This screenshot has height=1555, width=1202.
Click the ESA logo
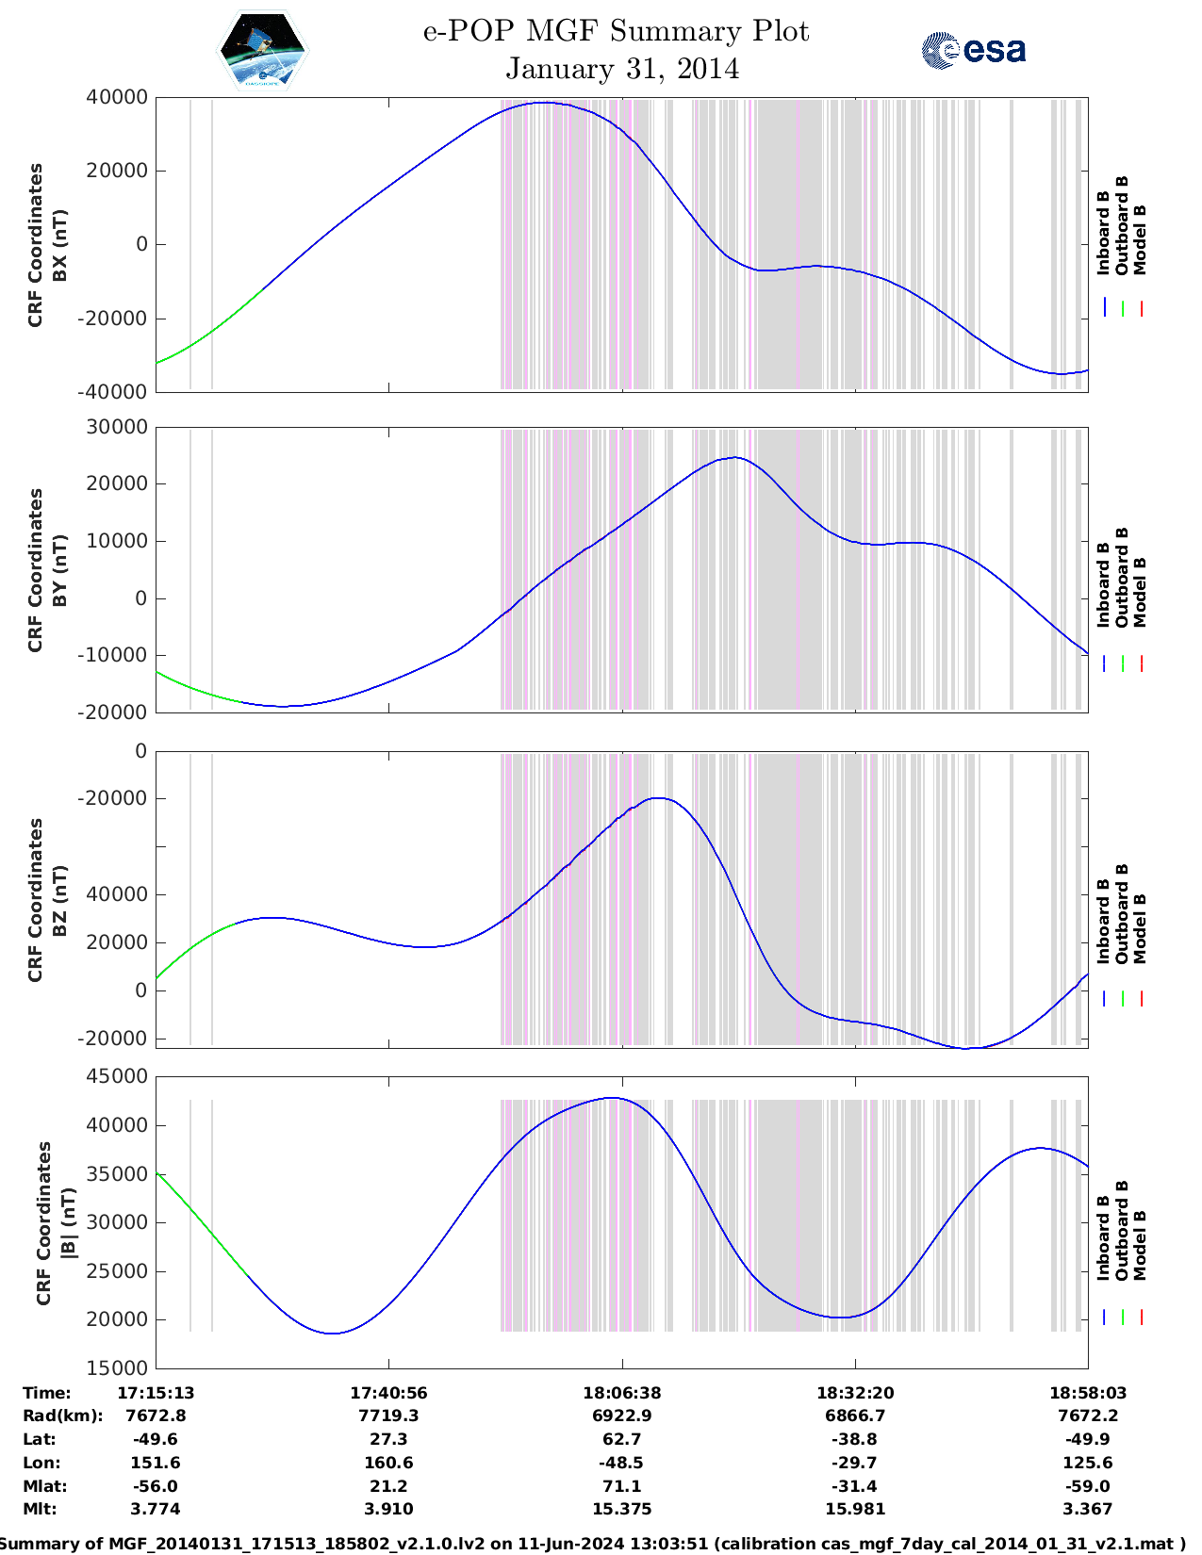[x=973, y=50]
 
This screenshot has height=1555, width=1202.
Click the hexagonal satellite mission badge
[x=263, y=50]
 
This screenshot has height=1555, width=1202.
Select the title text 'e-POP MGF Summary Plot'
[x=616, y=31]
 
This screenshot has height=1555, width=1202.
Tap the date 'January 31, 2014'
[x=622, y=69]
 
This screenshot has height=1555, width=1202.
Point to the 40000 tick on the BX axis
[x=116, y=97]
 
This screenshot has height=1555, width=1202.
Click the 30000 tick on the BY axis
[x=116, y=427]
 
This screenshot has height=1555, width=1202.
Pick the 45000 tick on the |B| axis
[x=116, y=1076]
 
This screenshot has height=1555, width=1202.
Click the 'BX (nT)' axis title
[x=59, y=245]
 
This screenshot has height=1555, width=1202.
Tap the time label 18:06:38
[x=621, y=1393]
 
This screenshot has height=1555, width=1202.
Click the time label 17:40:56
[x=388, y=1393]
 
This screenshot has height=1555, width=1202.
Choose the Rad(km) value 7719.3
[x=388, y=1416]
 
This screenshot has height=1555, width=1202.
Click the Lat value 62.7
[x=621, y=1439]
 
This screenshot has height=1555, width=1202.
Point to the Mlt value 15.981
[x=854, y=1509]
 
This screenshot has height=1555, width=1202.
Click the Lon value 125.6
[x=1087, y=1463]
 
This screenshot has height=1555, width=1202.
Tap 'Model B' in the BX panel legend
[x=1140, y=239]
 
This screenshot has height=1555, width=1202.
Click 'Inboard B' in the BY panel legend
[x=1103, y=584]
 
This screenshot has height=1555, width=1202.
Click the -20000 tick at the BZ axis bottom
[x=116, y=1038]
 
